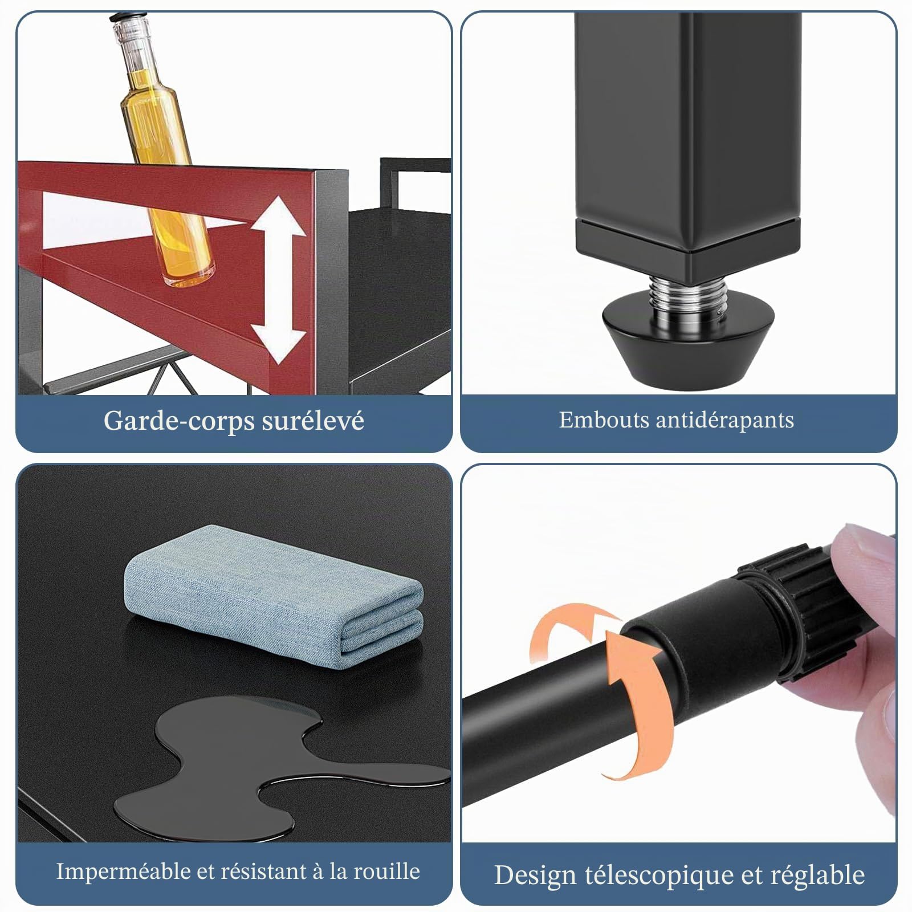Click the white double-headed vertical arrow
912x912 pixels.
[x=279, y=280]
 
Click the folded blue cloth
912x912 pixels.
[x=274, y=596]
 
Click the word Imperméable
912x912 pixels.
[x=124, y=872]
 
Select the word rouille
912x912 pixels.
[x=386, y=872]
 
